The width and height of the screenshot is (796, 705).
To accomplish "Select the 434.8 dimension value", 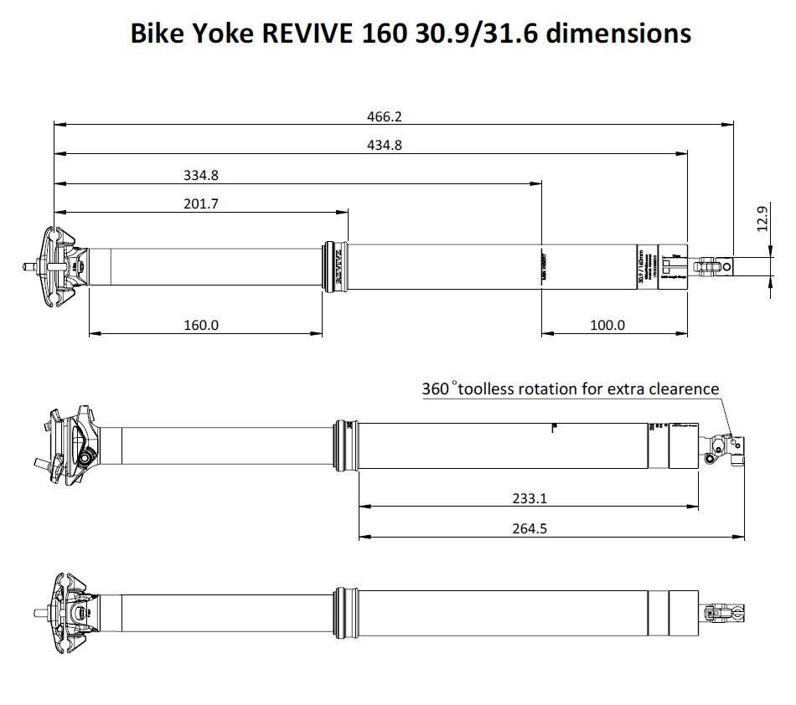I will click(385, 145).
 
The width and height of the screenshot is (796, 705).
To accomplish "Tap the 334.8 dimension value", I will click(201, 176).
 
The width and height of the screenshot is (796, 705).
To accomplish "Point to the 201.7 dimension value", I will click(201, 203).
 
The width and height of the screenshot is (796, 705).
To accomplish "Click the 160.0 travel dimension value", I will click(201, 325).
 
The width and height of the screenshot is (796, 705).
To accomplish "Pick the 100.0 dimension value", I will click(607, 325).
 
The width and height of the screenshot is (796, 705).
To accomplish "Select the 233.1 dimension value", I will click(530, 498).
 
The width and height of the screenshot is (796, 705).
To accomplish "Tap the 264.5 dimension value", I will click(530, 528).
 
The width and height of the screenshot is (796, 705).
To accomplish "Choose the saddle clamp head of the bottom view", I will click(70, 612).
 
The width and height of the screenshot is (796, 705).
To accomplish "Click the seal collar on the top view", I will click(334, 267).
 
